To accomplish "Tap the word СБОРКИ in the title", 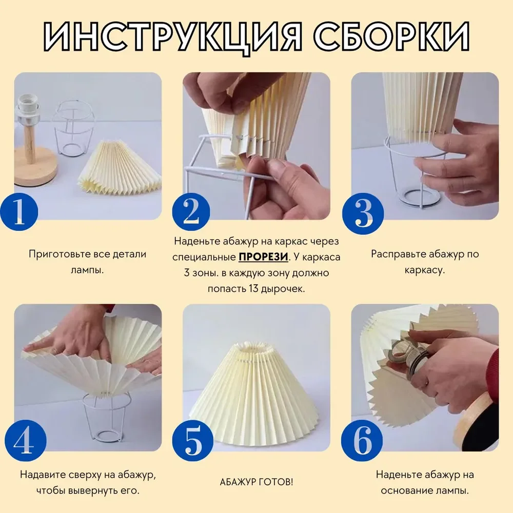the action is (392, 36).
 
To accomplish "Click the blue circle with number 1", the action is (19, 212).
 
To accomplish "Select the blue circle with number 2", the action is (191, 212).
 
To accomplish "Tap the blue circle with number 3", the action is (363, 213).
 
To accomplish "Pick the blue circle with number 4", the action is (25, 441).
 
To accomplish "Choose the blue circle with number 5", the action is (193, 441).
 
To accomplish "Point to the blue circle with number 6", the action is (362, 441).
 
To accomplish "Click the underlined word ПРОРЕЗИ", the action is (263, 257).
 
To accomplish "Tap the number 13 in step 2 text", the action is (253, 289).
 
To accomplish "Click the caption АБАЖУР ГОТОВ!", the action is (256, 482).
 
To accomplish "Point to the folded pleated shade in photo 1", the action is (120, 166).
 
